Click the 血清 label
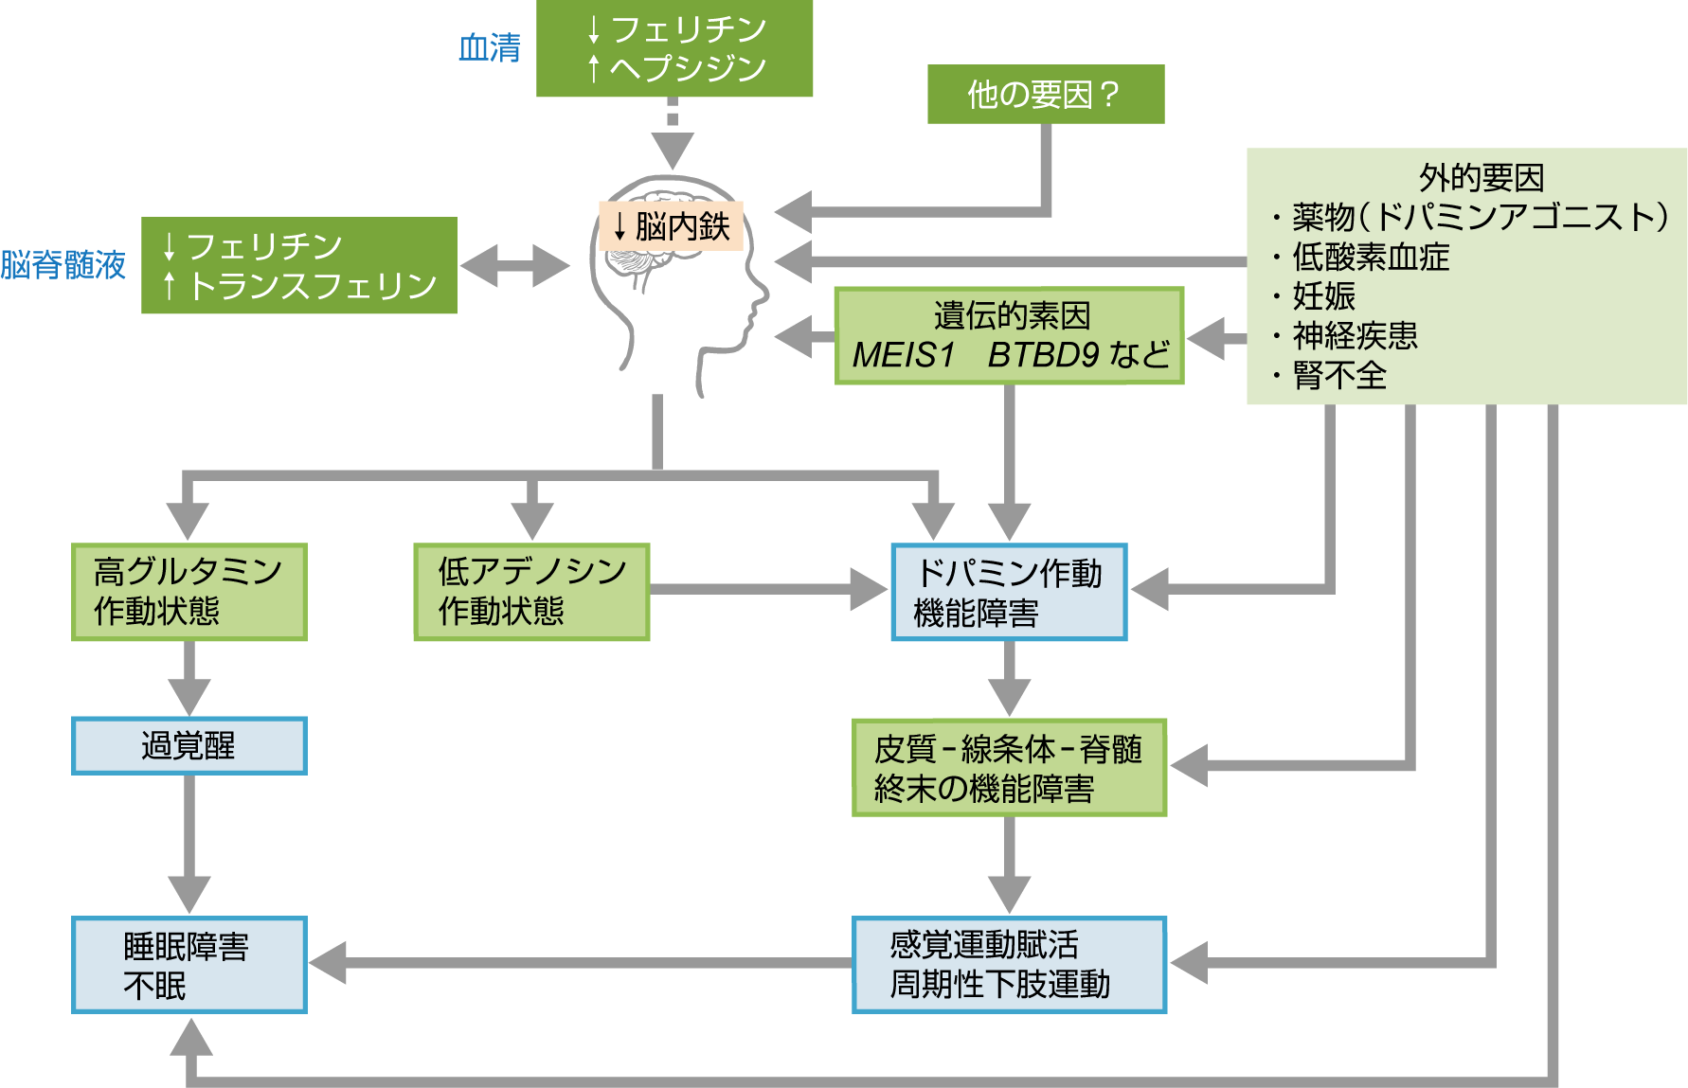click(x=490, y=47)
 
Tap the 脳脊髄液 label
click(x=63, y=265)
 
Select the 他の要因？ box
click(x=1045, y=94)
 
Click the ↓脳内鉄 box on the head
click(x=672, y=226)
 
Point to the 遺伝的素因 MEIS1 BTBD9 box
click(x=1009, y=336)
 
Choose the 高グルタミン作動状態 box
click(x=189, y=592)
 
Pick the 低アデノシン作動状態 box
click(x=531, y=592)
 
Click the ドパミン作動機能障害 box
click(x=1009, y=592)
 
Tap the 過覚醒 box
click(x=189, y=746)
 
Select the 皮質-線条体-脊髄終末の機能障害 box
click(x=1009, y=768)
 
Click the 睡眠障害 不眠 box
click(x=189, y=965)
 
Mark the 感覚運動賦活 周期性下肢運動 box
click(x=1009, y=965)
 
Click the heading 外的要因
click(x=1481, y=177)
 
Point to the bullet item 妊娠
click(x=1324, y=296)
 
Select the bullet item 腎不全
click(x=1339, y=376)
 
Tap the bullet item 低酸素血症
click(x=1371, y=257)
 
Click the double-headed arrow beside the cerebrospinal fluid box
click(x=514, y=266)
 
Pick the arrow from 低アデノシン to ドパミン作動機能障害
click(x=767, y=590)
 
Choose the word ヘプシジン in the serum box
click(x=688, y=68)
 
